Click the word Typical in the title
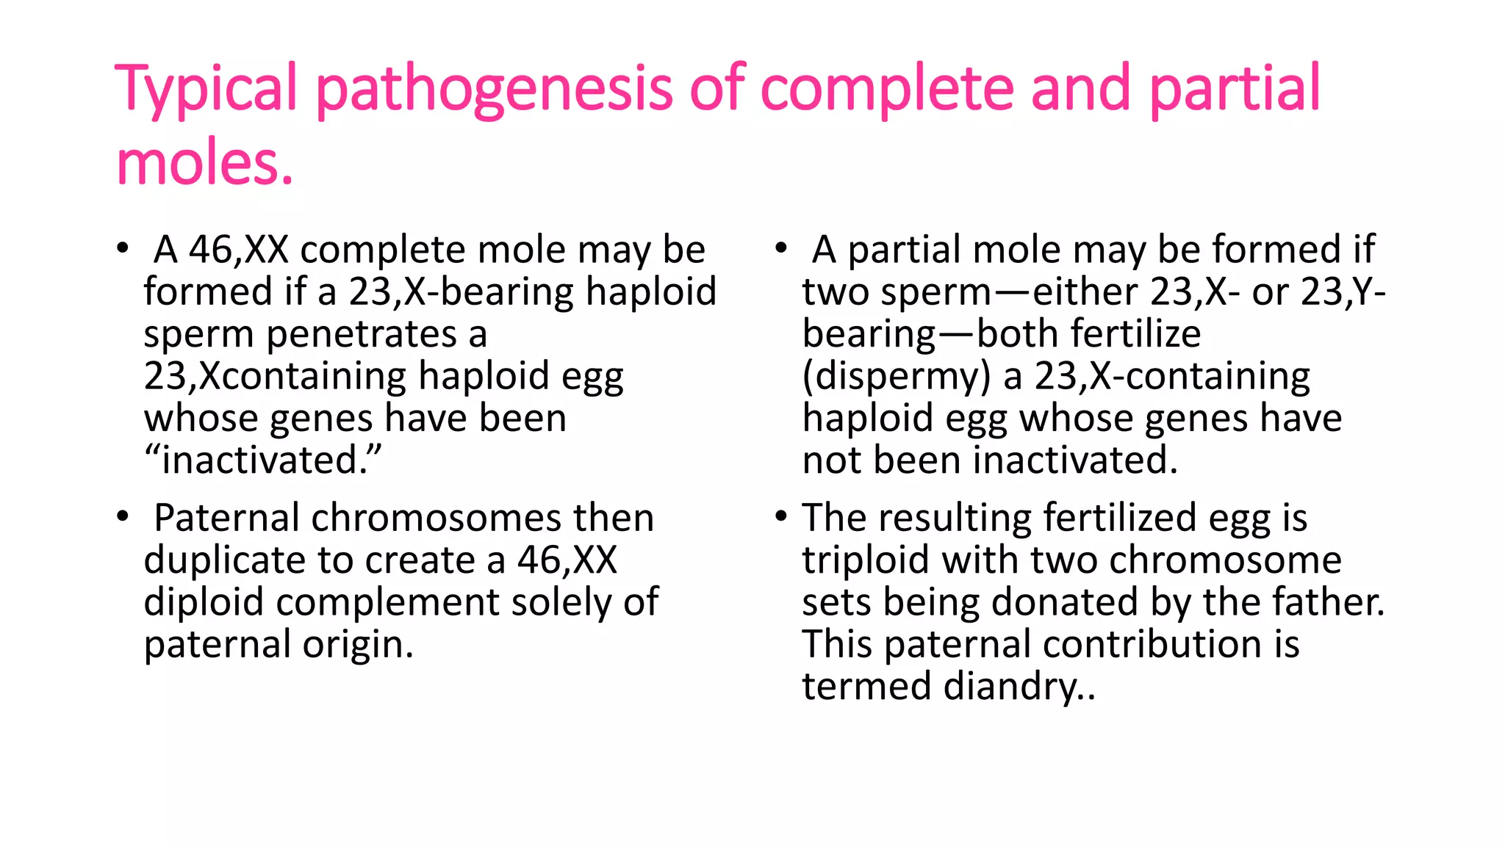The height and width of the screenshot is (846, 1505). pos(206,90)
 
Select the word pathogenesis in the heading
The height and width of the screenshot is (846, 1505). pos(494,90)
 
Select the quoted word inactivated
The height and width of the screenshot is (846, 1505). pos(262,460)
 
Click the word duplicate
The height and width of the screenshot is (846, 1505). pos(223,560)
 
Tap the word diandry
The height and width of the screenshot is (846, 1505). pos(1018,686)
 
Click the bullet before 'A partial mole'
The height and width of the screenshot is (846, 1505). pos(781,248)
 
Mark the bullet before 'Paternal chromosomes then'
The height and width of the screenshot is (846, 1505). pos(123,517)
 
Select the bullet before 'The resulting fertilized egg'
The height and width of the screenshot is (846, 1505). pos(781,517)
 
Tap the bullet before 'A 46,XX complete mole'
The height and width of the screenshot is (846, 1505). pos(123,248)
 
